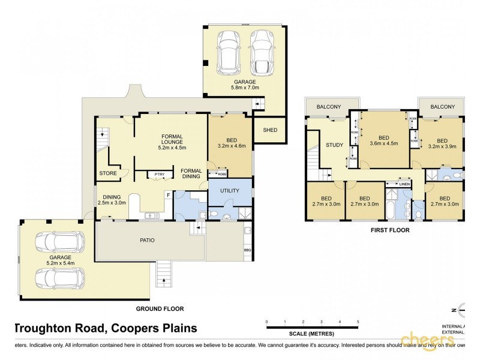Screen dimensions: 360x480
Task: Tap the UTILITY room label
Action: (230, 191)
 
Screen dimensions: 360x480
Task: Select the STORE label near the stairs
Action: (109, 174)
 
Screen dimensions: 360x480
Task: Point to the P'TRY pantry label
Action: (159, 175)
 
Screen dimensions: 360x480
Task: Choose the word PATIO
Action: (147, 240)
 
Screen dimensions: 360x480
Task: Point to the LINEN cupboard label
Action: (404, 184)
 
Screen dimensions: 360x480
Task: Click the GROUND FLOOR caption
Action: (159, 308)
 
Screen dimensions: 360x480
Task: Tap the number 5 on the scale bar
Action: (358, 322)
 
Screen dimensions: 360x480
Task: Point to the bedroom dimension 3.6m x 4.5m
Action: (384, 143)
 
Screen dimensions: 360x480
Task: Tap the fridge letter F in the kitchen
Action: (169, 194)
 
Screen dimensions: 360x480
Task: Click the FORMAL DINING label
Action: (191, 173)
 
